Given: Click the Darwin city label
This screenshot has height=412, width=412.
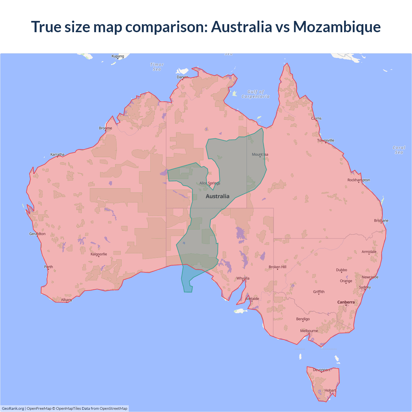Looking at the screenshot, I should (183, 77).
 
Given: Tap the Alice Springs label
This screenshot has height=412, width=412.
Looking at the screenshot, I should (210, 183).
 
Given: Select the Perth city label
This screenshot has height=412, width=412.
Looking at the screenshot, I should (49, 267).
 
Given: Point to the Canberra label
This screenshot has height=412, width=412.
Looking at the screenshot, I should (346, 302).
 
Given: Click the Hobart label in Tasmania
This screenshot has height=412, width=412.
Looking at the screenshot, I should (330, 390).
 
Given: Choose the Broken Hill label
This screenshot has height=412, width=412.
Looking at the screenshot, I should (277, 267).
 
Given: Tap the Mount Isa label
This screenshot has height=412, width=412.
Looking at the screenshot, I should (260, 154).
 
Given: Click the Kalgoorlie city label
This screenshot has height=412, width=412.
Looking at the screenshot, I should (99, 254).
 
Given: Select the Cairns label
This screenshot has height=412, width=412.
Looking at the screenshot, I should (316, 118).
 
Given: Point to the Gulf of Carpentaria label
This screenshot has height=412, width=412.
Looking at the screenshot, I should (256, 94).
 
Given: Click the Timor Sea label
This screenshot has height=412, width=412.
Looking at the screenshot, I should (157, 67).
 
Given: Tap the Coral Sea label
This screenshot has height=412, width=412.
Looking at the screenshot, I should (399, 150).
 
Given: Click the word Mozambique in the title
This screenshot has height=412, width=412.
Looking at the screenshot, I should (337, 27).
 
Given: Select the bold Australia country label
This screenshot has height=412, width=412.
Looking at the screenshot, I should (218, 196).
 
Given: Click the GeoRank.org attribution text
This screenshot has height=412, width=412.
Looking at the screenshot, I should (13, 408).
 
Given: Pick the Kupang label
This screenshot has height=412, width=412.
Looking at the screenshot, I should (118, 56).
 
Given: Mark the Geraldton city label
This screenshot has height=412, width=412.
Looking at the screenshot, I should (37, 234).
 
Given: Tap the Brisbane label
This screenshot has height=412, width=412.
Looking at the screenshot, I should (381, 220).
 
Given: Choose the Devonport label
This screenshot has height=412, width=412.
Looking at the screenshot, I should (322, 370).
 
